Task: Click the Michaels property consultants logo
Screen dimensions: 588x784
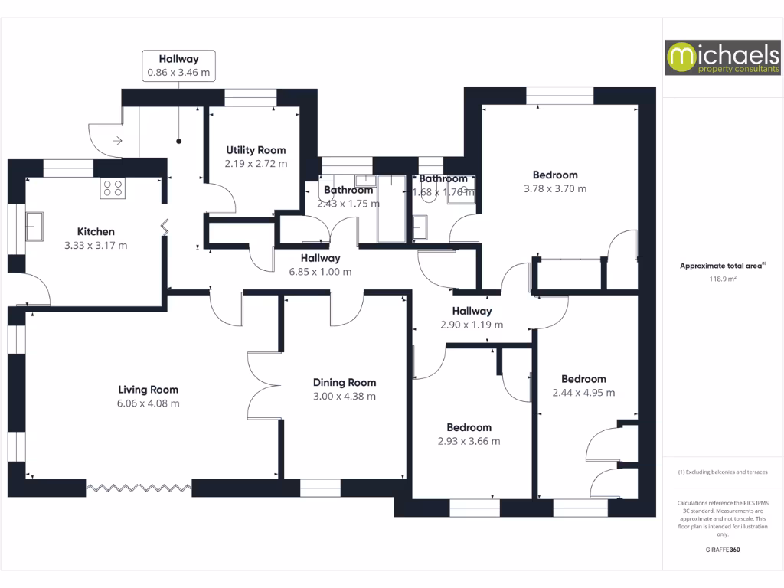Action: (x=722, y=57)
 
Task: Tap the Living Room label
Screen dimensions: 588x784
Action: (x=149, y=389)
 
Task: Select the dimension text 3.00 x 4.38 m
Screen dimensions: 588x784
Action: (x=345, y=397)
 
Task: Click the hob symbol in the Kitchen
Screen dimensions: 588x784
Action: (x=113, y=188)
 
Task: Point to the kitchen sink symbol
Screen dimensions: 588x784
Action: (x=34, y=227)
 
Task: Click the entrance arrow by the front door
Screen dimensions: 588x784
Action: (x=118, y=140)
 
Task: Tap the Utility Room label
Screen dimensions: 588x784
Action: (x=256, y=150)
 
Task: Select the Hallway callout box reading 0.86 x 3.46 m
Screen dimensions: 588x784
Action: (x=178, y=66)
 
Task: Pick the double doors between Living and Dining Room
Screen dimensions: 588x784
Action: (x=264, y=385)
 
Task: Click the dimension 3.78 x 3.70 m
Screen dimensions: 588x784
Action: (x=555, y=188)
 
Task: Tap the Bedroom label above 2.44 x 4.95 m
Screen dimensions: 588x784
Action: (x=583, y=379)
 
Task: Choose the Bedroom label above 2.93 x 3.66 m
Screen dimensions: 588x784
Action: (x=469, y=427)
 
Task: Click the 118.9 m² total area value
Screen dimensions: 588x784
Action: (x=722, y=279)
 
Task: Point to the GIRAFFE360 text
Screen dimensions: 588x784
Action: (x=722, y=550)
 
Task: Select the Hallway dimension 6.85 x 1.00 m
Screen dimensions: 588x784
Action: (x=320, y=272)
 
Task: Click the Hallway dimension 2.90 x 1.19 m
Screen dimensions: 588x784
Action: (x=472, y=325)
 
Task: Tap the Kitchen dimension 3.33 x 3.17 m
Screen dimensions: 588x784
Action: (x=96, y=246)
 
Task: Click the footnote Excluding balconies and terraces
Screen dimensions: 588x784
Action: (x=722, y=472)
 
